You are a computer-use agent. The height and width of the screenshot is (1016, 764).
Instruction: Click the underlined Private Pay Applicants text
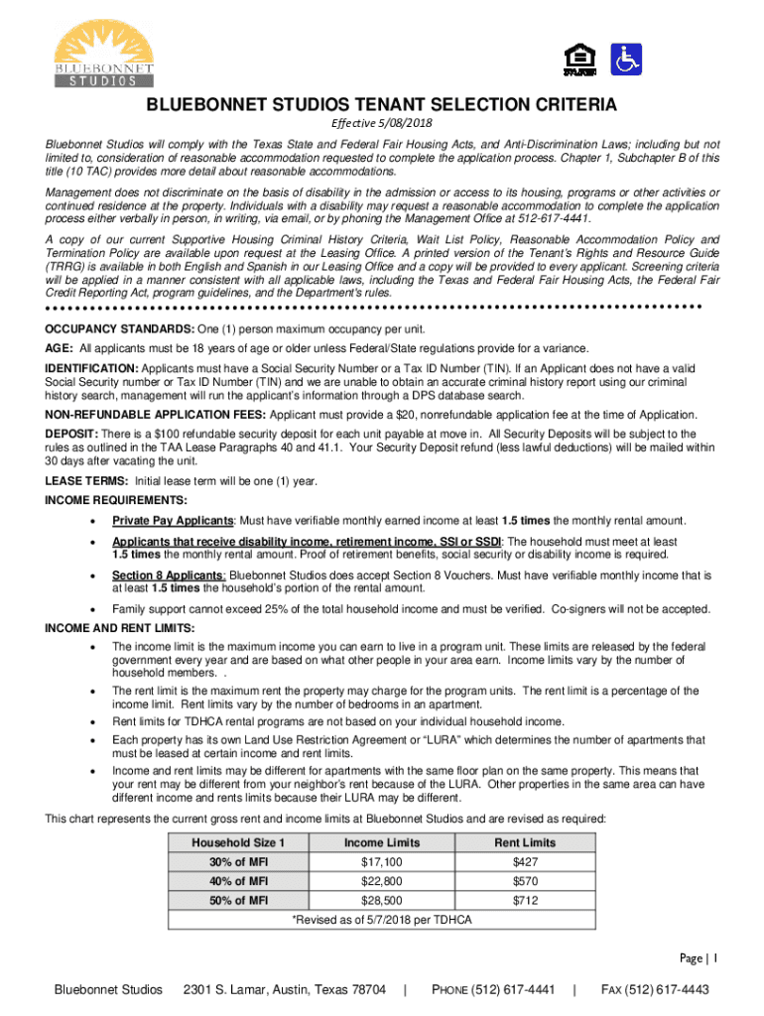(x=173, y=521)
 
